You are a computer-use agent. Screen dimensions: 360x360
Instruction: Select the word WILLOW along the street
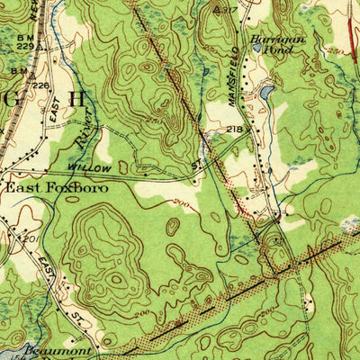pos(94,168)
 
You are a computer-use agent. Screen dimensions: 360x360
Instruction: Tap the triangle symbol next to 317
pos(222,10)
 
